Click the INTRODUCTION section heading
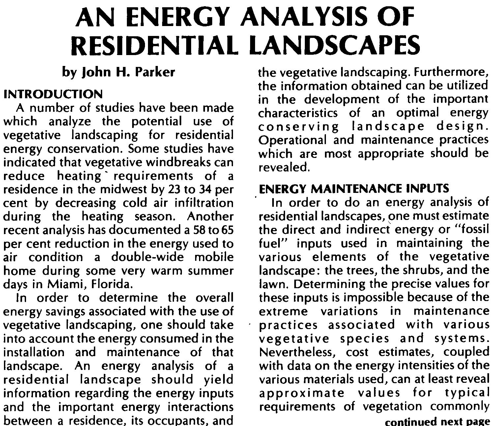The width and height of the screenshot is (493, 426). point(53,94)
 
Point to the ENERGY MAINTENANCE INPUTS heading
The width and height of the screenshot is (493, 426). point(354,189)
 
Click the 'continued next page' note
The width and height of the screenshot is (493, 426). point(437,421)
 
